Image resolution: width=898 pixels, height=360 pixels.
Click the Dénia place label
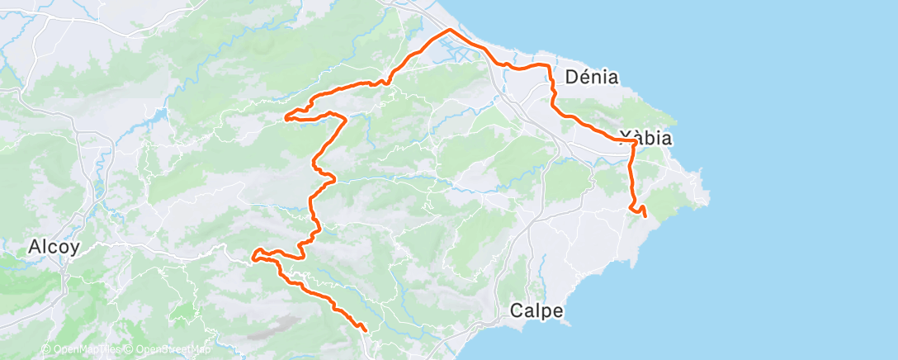[x=592, y=78]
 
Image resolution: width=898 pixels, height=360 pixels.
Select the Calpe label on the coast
[x=536, y=311]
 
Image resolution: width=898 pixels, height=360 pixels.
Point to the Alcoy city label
[x=54, y=246]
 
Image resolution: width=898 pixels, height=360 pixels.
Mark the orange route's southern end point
[x=365, y=330]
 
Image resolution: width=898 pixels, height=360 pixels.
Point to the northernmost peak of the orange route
[x=450, y=30]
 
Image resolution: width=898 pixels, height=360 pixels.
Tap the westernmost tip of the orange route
[x=251, y=258]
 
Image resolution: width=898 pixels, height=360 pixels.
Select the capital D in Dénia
[x=571, y=78]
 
